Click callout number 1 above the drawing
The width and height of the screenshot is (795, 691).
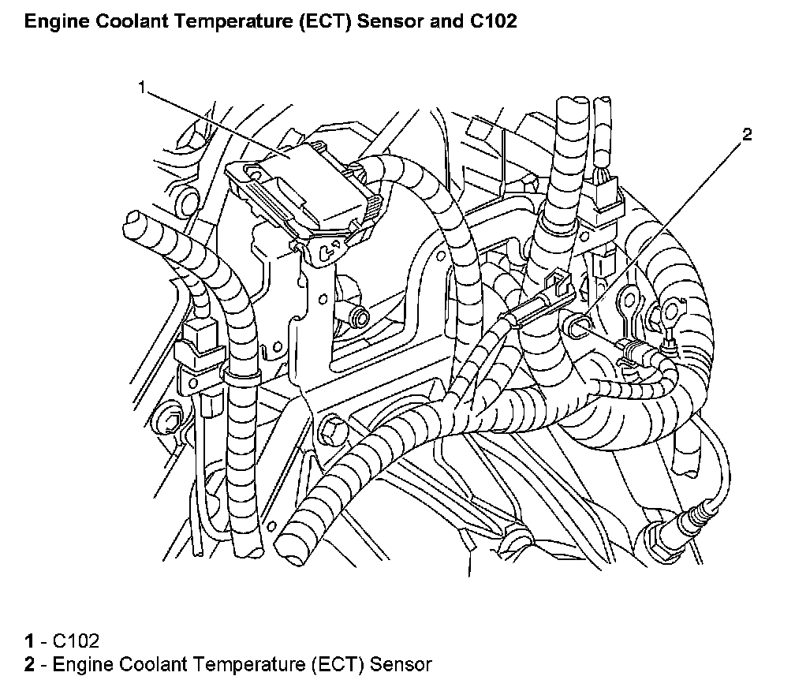click(x=142, y=88)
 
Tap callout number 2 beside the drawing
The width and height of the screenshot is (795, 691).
click(x=746, y=133)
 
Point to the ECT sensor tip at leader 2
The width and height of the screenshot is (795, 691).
click(x=577, y=322)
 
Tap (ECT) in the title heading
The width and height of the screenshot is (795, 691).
click(x=329, y=21)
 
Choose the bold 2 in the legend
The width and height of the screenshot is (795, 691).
click(x=28, y=664)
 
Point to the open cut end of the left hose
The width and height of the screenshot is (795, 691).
click(x=132, y=219)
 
